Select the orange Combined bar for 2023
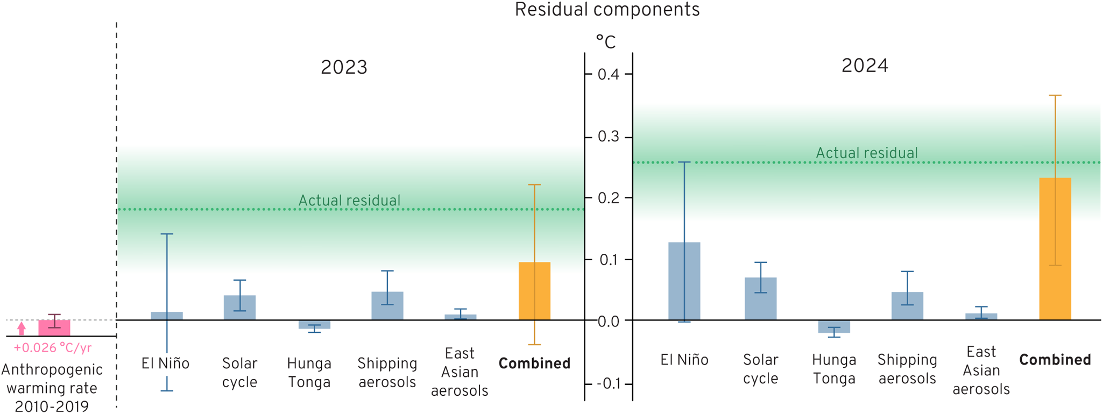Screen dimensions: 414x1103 (x=534, y=291)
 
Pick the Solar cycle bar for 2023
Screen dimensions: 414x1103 (x=239, y=308)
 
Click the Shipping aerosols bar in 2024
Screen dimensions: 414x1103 (x=907, y=306)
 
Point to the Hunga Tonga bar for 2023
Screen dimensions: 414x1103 (x=314, y=325)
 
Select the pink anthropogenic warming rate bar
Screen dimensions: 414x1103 (x=54, y=327)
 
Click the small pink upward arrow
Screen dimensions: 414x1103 (x=22, y=328)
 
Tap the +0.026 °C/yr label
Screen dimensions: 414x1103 (x=53, y=348)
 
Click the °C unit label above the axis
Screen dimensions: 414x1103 (x=605, y=42)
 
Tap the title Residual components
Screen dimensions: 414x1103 (x=607, y=10)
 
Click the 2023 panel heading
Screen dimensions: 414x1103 (x=344, y=67)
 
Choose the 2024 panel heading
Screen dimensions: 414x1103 (x=865, y=66)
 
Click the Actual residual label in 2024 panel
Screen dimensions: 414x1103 (x=867, y=153)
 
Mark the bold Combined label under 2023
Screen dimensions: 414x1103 (x=534, y=363)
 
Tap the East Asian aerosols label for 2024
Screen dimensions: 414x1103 (x=981, y=370)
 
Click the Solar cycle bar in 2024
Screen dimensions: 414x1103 (x=760, y=298)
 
